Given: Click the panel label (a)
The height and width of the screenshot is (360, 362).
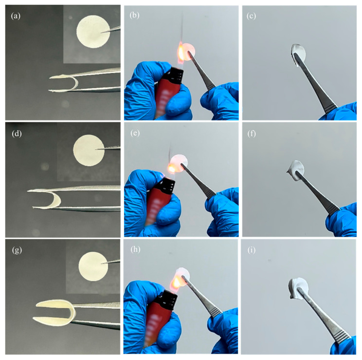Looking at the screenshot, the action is point(16,16).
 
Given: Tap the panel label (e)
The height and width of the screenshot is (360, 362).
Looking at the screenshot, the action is point(135,133).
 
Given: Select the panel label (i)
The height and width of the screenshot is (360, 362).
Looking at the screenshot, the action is point(251,250).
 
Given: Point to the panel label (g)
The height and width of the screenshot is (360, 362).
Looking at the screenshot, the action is point(17,250).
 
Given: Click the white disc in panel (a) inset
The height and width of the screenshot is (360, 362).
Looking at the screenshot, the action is point(93,32).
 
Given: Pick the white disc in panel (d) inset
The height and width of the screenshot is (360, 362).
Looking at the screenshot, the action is point(89,151).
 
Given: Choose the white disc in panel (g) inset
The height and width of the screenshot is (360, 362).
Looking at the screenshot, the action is point(93,266).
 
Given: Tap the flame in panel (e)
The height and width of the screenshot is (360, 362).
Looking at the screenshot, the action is point(172,168).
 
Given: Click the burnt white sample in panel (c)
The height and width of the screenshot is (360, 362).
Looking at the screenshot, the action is point(298,55).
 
